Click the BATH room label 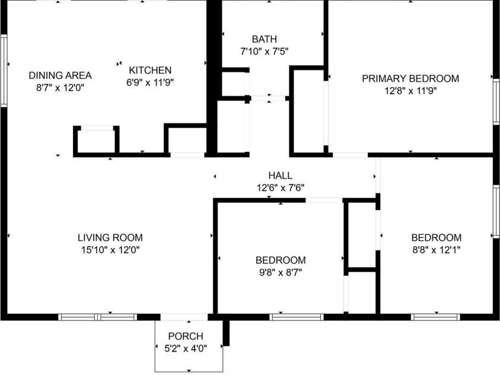click(x=265, y=39)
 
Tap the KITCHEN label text click(x=150, y=70)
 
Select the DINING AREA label click(x=60, y=75)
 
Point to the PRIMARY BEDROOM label click(x=410, y=78)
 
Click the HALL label click(x=281, y=176)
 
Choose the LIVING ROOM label click(x=110, y=237)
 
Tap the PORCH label click(x=186, y=336)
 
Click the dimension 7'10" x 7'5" click(x=265, y=52)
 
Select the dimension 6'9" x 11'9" click(x=150, y=82)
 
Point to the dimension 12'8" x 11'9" click(x=410, y=91)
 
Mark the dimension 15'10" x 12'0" click(x=110, y=250)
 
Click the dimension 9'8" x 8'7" click(x=281, y=272)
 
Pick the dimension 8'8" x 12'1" click(x=436, y=250)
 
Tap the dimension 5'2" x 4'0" click(x=186, y=348)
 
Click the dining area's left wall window click(x=4, y=71)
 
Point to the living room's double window click(x=98, y=317)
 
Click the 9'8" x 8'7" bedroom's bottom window click(x=297, y=317)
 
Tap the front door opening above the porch click(x=184, y=317)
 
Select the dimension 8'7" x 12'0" click(x=60, y=88)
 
